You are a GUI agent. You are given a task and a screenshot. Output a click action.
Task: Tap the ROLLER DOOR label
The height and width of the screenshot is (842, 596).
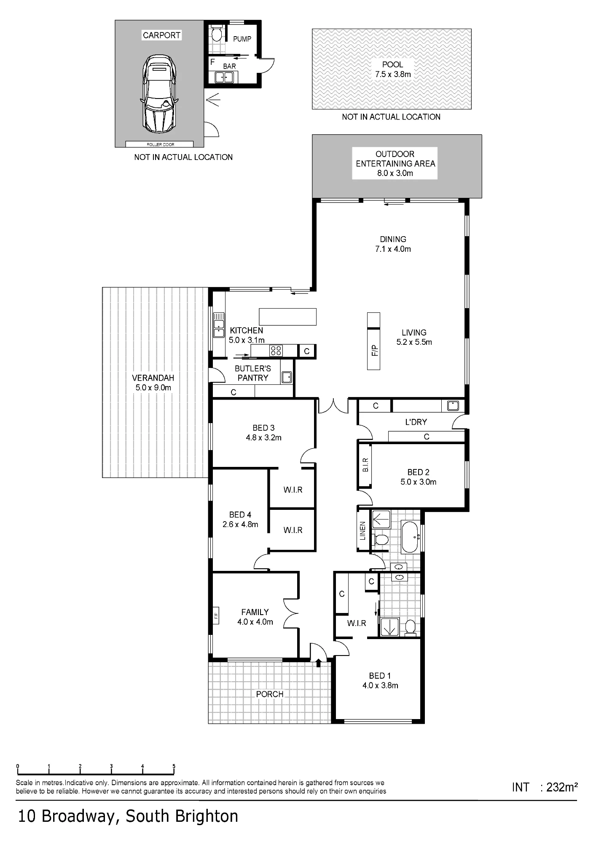160,144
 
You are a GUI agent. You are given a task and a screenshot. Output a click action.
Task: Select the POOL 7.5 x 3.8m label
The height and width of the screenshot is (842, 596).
393,69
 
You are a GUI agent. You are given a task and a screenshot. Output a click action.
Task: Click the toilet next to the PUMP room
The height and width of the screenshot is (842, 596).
216,33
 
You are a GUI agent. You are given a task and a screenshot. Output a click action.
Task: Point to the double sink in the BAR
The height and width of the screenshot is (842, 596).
224,77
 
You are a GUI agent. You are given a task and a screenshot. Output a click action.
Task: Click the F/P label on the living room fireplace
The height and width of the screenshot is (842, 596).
374,350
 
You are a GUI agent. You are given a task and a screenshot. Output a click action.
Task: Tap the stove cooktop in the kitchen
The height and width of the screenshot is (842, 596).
276,350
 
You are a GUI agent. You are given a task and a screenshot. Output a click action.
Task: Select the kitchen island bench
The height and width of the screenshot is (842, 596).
287,317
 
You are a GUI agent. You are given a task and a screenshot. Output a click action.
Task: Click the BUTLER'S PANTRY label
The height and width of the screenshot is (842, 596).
252,373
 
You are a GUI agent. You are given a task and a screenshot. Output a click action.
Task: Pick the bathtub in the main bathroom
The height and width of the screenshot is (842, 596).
411,537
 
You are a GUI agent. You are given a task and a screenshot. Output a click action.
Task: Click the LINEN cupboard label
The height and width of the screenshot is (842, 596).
362,531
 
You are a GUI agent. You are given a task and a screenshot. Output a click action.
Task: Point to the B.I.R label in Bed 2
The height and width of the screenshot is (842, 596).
365,465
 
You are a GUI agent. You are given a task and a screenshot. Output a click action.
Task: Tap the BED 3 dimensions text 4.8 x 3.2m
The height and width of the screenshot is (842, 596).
264,437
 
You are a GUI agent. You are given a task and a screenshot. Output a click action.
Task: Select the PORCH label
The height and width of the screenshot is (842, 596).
270,694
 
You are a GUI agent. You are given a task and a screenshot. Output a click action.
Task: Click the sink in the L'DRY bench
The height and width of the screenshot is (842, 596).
453,406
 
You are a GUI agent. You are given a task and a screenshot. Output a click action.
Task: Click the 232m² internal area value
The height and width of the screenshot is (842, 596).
561,787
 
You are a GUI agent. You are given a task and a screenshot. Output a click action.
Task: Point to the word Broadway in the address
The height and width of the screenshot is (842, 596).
78,816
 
